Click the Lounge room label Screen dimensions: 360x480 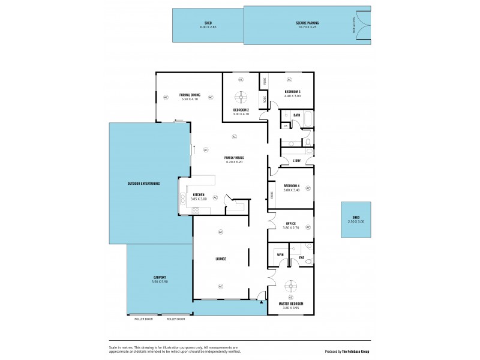pyautogui.click(x=220, y=259)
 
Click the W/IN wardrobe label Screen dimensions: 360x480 pyautogui.click(x=280, y=255)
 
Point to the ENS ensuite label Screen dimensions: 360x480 pyautogui.click(x=302, y=259)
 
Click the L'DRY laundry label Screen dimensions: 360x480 pyautogui.click(x=296, y=161)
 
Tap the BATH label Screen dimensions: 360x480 pyautogui.click(x=296, y=115)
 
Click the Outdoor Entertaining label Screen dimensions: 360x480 pyautogui.click(x=143, y=183)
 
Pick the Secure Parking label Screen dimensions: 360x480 pyautogui.click(x=307, y=24)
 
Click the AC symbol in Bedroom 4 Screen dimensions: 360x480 pyautogui.click(x=308, y=188)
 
